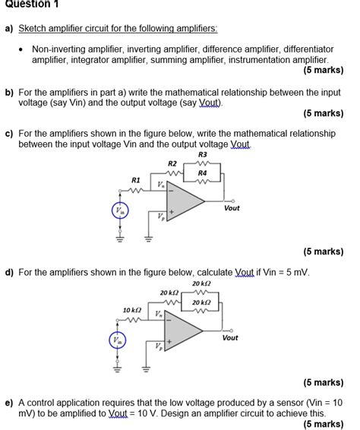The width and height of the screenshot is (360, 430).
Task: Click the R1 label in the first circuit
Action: pos(136,180)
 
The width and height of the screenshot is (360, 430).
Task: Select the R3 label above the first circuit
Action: pos(201,154)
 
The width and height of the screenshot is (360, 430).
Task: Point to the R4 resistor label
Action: pos(202,172)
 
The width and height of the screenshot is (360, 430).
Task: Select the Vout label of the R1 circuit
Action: pos(232,207)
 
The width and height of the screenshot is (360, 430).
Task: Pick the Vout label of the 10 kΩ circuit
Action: pos(230,337)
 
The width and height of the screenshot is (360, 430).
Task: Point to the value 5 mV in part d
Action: pos(297,271)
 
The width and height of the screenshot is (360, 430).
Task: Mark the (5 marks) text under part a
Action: pos(323,70)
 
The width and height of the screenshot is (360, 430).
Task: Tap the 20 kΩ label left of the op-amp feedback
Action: pos(169,292)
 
